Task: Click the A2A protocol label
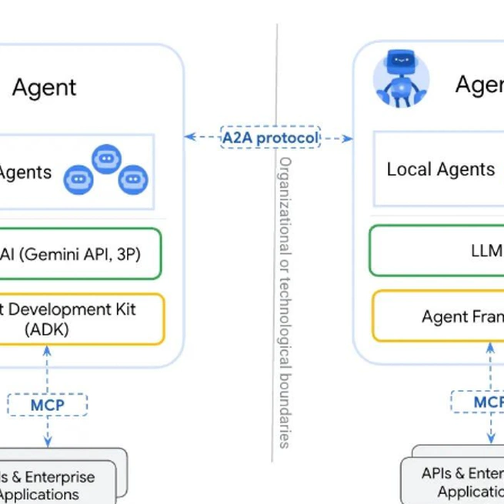[269, 138]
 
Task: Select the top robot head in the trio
[106, 159]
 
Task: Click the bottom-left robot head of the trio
[78, 179]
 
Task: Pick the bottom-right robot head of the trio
[133, 179]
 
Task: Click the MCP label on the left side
[48, 405]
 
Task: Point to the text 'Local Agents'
[440, 169]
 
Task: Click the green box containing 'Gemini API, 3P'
[81, 254]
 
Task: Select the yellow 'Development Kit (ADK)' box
[81, 319]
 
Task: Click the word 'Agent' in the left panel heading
[45, 87]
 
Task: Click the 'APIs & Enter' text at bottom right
[462, 473]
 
